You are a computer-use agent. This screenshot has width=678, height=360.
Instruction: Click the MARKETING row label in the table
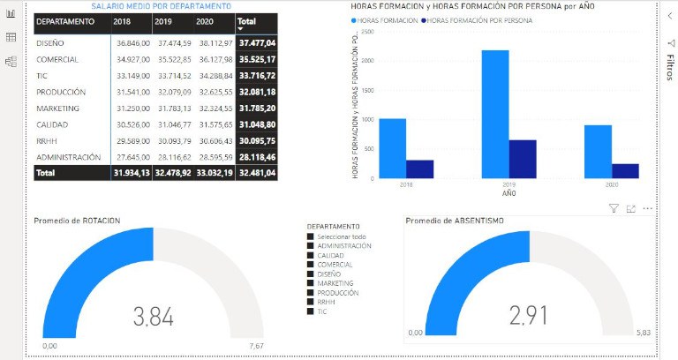(58, 108)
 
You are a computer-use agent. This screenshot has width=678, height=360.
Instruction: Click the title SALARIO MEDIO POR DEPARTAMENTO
(155, 7)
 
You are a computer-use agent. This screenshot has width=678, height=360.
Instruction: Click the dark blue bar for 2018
(419, 169)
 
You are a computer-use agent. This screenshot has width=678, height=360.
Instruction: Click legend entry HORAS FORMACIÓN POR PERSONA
(485, 20)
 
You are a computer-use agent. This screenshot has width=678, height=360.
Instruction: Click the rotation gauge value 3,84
(152, 315)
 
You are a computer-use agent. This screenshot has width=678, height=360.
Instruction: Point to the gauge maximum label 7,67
(256, 346)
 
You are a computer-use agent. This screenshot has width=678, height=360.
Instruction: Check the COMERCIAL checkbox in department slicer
(310, 264)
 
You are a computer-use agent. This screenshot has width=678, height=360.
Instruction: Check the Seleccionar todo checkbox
(310, 236)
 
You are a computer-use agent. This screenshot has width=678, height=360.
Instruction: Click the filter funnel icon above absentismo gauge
(614, 208)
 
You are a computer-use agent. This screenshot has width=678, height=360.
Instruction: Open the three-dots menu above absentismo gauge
(648, 208)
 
